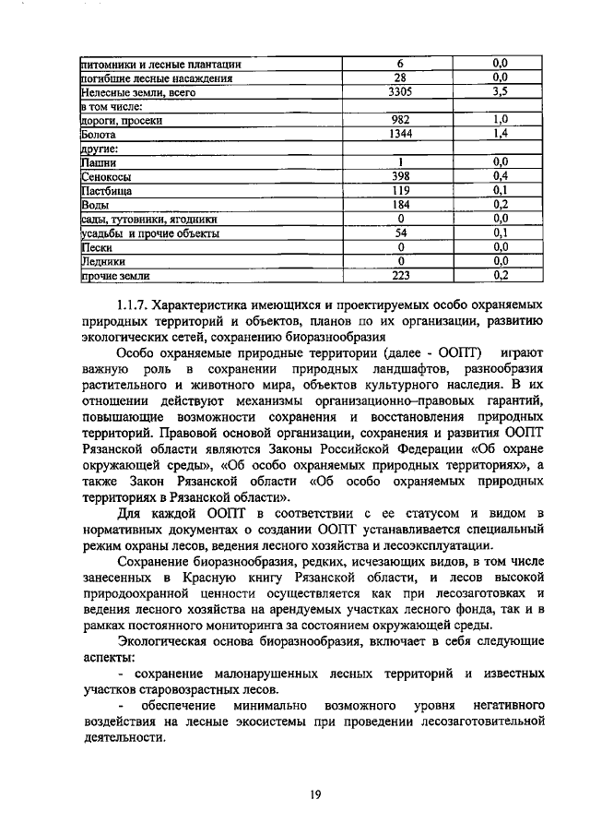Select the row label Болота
[98, 134]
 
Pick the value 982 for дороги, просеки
[400, 120]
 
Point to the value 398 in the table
[400, 175]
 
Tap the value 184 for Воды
[400, 204]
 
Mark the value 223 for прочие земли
[400, 275]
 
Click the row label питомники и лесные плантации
[161, 64]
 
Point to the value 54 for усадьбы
[400, 233]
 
